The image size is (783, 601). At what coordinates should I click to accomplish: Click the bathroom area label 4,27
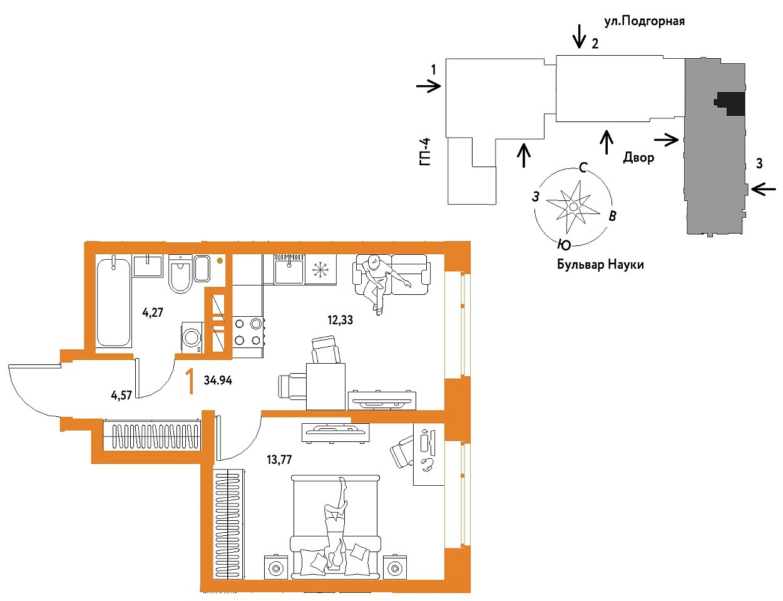point(153,312)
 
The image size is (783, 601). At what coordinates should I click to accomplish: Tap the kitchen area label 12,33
point(340,320)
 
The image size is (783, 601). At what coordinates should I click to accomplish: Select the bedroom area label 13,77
point(279,460)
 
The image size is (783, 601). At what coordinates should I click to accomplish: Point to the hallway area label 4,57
point(121,395)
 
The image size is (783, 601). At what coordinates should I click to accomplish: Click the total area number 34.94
point(218,380)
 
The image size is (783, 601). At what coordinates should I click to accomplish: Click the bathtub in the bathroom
point(113,302)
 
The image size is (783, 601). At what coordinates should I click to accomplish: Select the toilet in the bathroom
point(180,274)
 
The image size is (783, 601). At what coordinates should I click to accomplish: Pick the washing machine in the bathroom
point(192,337)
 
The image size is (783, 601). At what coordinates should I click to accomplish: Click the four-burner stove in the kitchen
point(248,331)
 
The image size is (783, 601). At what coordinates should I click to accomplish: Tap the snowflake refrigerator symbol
point(320,270)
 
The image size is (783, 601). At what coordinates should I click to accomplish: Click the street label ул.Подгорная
point(644,22)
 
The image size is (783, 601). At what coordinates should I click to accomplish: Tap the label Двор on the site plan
point(638,158)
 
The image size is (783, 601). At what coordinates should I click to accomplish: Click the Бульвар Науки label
point(600,264)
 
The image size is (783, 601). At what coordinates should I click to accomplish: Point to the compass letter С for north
point(583,167)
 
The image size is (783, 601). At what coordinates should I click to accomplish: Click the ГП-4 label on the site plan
point(425,152)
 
